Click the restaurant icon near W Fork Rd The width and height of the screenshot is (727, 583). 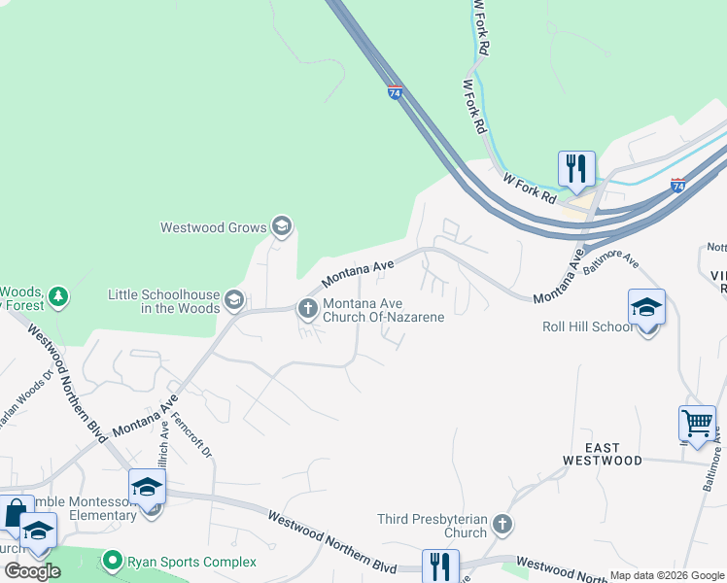(x=576, y=169)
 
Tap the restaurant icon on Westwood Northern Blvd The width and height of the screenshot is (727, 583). (x=440, y=566)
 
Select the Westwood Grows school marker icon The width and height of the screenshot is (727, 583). (x=282, y=227)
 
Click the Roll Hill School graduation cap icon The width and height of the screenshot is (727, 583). (x=646, y=308)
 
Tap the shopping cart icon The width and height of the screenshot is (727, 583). (x=697, y=424)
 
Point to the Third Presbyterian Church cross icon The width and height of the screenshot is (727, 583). (x=502, y=526)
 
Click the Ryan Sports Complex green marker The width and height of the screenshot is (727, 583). (x=114, y=562)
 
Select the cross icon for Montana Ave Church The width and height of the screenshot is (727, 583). (x=307, y=309)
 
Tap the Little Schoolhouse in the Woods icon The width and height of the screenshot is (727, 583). (x=233, y=299)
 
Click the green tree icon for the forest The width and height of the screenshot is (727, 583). (x=59, y=295)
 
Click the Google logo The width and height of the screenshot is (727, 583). (x=32, y=571)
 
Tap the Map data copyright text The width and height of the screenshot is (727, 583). (x=666, y=575)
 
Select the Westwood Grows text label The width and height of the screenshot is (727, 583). (x=214, y=228)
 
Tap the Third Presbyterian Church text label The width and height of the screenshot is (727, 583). (x=433, y=526)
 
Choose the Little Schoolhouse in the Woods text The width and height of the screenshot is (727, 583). (x=163, y=301)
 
